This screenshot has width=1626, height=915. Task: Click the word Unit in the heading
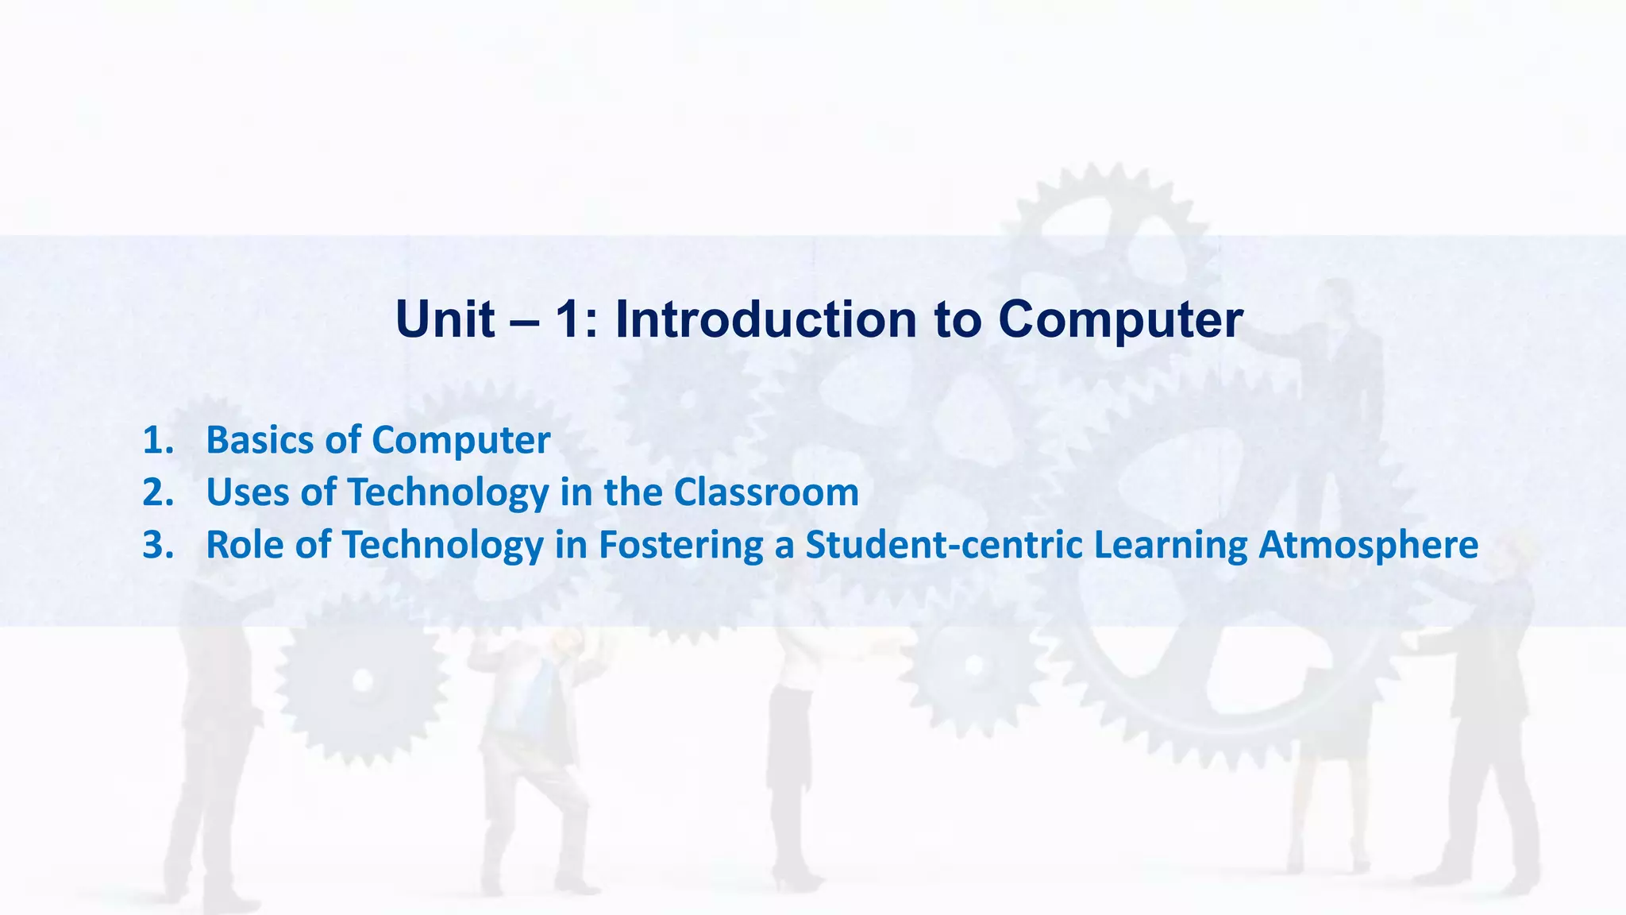[445, 319]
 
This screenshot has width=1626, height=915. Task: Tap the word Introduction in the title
[765, 319]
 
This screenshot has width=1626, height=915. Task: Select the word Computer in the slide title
[1119, 319]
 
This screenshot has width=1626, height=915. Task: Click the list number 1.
[157, 440]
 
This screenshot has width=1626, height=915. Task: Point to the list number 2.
[157, 492]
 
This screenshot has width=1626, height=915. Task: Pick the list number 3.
[157, 545]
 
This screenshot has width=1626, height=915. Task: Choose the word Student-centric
[943, 545]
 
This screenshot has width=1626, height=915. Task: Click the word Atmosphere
[1368, 545]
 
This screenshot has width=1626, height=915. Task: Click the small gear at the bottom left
[362, 680]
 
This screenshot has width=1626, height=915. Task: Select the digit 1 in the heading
[565, 319]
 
